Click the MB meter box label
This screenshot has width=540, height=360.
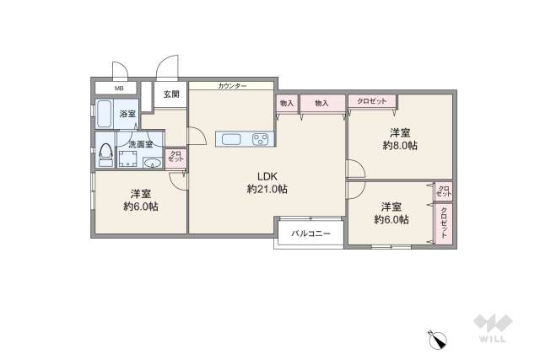[x=119, y=88]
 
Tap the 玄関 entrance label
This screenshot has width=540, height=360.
[x=170, y=94]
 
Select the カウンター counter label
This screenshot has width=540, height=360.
[x=232, y=86]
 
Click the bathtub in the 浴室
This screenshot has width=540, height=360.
[x=105, y=114]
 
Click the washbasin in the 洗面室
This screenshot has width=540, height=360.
[x=153, y=162]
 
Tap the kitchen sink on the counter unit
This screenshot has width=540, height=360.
[x=232, y=139]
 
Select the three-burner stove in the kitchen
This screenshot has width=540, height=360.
[x=260, y=139]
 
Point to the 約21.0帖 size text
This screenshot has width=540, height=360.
[x=267, y=190]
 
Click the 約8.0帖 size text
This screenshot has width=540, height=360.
[x=400, y=146]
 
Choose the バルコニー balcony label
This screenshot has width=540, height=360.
[x=310, y=234]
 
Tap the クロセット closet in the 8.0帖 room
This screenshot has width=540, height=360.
[x=371, y=102]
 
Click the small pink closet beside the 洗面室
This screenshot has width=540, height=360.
[x=175, y=158]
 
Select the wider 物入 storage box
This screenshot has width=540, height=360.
[x=321, y=103]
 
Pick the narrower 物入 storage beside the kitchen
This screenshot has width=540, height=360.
[x=287, y=103]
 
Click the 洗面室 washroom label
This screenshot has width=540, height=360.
[x=140, y=144]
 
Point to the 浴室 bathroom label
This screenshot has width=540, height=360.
[x=127, y=113]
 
